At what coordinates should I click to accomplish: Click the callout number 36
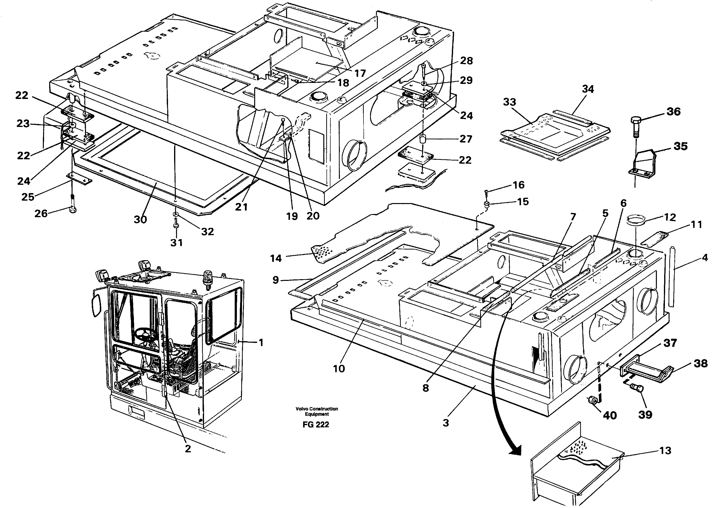[673, 112]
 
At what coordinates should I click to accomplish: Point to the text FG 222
[316, 425]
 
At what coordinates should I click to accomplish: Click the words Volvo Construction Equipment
[317, 411]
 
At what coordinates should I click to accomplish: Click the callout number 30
[140, 220]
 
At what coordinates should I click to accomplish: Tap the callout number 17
[360, 73]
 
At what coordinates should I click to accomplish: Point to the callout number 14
[276, 258]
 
